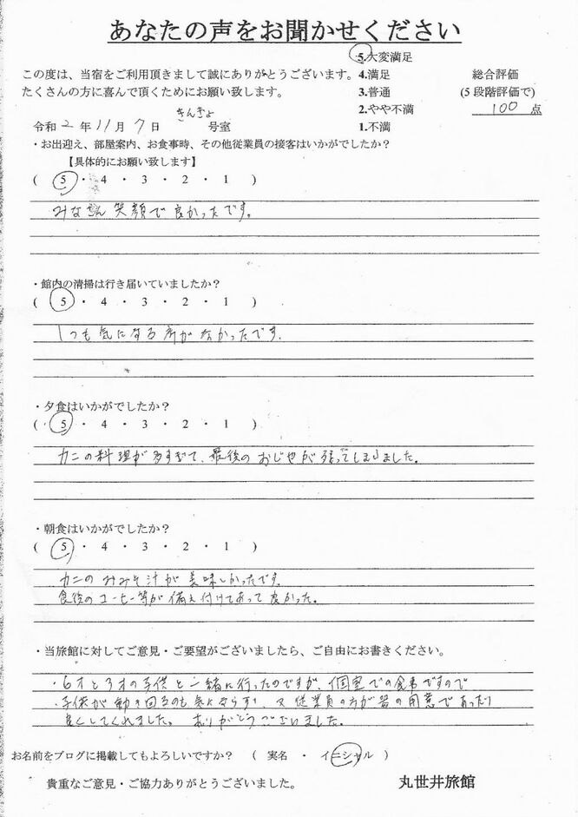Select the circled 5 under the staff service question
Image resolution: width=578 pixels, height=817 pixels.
coord(62,180)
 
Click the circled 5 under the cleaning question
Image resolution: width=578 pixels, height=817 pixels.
coord(62,301)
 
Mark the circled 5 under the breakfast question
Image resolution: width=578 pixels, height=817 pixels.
coord(62,547)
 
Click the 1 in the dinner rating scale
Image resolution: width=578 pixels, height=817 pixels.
coord(226,425)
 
